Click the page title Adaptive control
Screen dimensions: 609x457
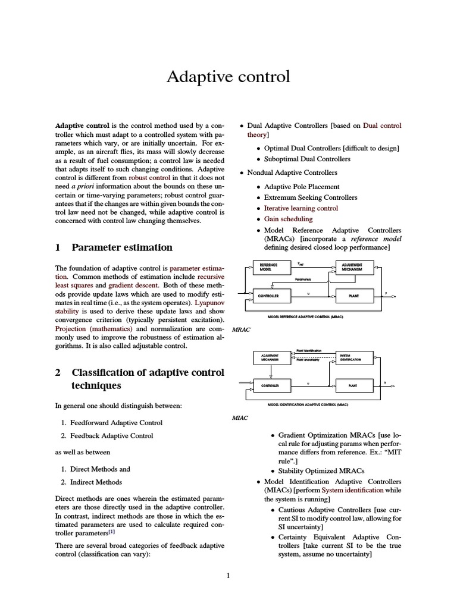coord(228,77)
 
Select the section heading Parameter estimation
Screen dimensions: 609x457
coord(121,247)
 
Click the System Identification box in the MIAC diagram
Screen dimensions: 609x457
coord(355,357)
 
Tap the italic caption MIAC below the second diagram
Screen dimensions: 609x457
coord(240,417)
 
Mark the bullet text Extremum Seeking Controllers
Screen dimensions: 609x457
coord(311,197)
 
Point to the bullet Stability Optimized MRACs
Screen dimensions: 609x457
coord(321,470)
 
